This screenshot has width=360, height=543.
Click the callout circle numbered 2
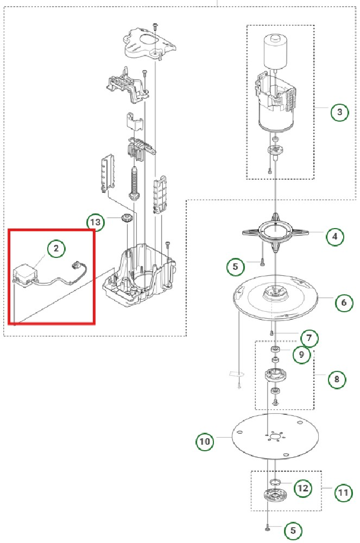tap(56, 249)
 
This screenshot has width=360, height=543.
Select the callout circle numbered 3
tap(339, 113)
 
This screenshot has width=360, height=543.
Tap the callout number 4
tap(335, 237)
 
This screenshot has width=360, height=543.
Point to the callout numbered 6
tap(344, 302)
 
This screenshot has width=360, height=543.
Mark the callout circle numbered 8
tap(337, 380)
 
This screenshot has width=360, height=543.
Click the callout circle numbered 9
tap(301, 355)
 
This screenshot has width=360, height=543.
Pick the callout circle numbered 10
tap(205, 441)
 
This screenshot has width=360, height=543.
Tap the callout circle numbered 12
tap(302, 488)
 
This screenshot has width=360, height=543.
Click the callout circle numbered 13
tap(95, 222)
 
